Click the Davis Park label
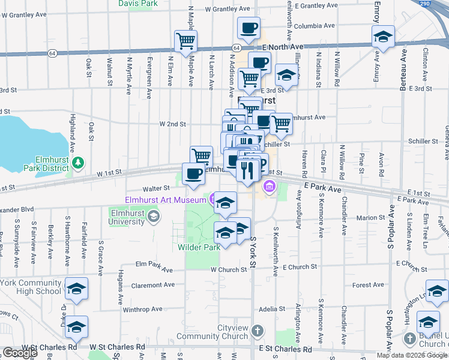pyautogui.click(x=138, y=4)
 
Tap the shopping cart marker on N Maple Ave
pyautogui.click(x=186, y=41)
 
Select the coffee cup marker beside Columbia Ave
pyautogui.click(x=249, y=28)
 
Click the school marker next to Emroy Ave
pyautogui.click(x=382, y=38)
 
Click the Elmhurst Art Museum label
pyautogui.click(x=166, y=200)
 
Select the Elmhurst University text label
pyautogui.click(x=127, y=217)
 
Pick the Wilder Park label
pyautogui.click(x=200, y=247)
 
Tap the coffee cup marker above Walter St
pyautogui.click(x=193, y=174)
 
